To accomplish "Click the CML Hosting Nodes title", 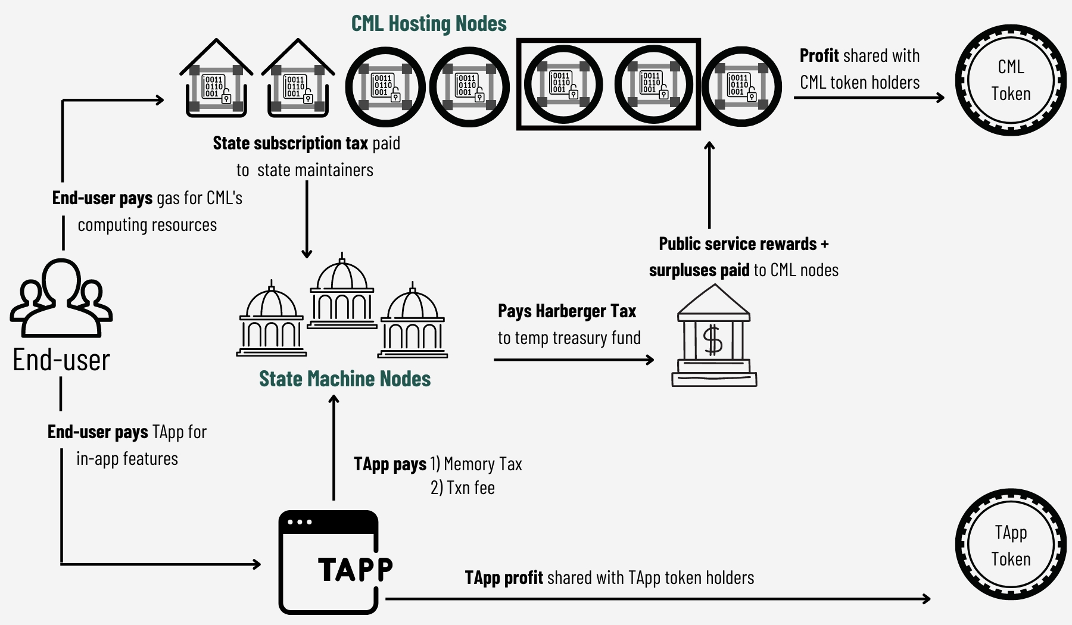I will pyautogui.click(x=429, y=24).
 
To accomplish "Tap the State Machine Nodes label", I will pyautogui.click(x=345, y=379).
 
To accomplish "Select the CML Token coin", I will pyautogui.click(x=1011, y=80).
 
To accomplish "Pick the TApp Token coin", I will pyautogui.click(x=1011, y=545).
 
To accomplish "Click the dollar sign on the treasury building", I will pyautogui.click(x=713, y=341).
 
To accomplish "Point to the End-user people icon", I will pyautogui.click(x=61, y=298).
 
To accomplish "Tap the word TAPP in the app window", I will pyautogui.click(x=356, y=570).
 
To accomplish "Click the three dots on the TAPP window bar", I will pyautogui.click(x=300, y=522).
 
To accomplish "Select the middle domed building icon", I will pyautogui.click(x=342, y=292).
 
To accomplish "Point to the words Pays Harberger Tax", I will pyautogui.click(x=567, y=311).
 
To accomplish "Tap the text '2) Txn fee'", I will pyautogui.click(x=463, y=488).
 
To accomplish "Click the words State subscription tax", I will pyautogui.click(x=290, y=143).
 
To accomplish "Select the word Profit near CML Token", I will pyautogui.click(x=819, y=56).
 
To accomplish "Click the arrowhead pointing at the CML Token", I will pyautogui.click(x=940, y=98).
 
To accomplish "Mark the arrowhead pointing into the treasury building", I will pyautogui.click(x=650, y=360).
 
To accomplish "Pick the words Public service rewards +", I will pyautogui.click(x=743, y=244).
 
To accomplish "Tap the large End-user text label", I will pyautogui.click(x=61, y=360).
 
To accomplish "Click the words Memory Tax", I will pyautogui.click(x=483, y=464).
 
